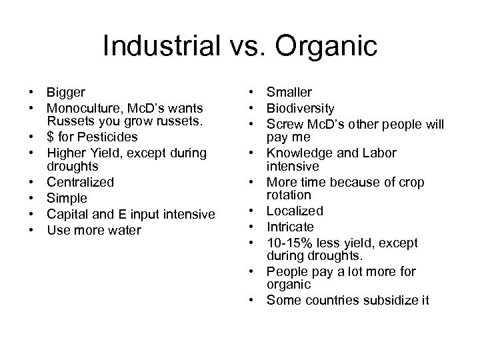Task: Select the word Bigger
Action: (66, 92)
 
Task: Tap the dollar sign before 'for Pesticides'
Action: (51, 137)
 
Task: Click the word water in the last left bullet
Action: (127, 230)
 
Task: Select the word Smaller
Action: (289, 92)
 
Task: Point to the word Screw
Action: (283, 123)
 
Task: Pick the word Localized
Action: (295, 211)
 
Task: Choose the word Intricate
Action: (290, 227)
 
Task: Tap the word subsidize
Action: (381, 301)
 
